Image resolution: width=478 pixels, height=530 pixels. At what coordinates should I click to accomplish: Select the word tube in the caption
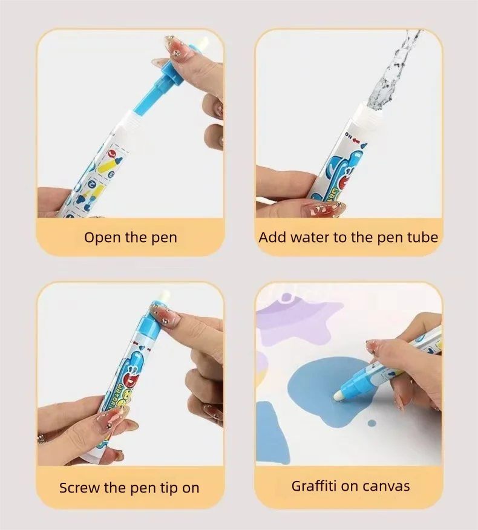click(x=421, y=237)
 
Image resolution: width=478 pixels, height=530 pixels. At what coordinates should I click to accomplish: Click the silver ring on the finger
click(x=41, y=437)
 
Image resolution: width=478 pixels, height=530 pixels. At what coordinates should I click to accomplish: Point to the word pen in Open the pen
click(x=163, y=237)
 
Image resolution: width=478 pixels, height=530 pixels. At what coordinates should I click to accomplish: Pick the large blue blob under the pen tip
click(x=315, y=393)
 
